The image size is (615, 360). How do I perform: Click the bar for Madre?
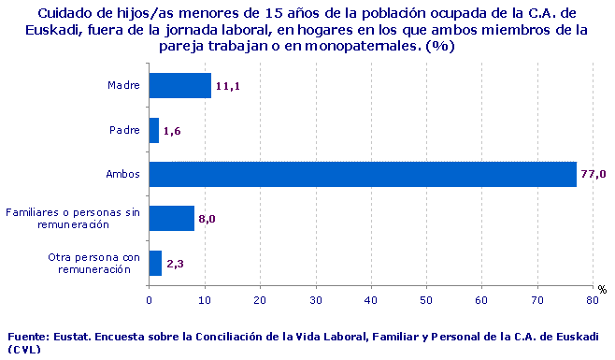click(180, 85)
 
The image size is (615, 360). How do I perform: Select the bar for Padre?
click(154, 130)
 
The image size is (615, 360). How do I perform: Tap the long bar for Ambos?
click(363, 174)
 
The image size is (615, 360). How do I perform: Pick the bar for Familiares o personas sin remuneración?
click(172, 218)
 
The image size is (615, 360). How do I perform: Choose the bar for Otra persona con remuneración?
click(156, 263)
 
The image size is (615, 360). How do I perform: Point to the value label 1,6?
click(172, 131)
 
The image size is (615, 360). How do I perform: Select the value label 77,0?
click(594, 175)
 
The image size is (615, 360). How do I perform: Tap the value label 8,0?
click(207, 219)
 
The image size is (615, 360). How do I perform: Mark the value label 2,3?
click(175, 264)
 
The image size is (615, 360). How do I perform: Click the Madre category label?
click(124, 85)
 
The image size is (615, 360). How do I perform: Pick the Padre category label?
click(125, 130)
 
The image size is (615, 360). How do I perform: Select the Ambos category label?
click(123, 174)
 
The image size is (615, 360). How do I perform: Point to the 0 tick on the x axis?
click(150, 300)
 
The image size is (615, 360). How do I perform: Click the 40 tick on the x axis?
click(371, 300)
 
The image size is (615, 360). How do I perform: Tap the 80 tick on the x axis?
click(592, 300)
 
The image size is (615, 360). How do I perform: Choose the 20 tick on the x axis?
click(260, 300)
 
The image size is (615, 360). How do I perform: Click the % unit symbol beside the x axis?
click(602, 290)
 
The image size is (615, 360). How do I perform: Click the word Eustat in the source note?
click(74, 336)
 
